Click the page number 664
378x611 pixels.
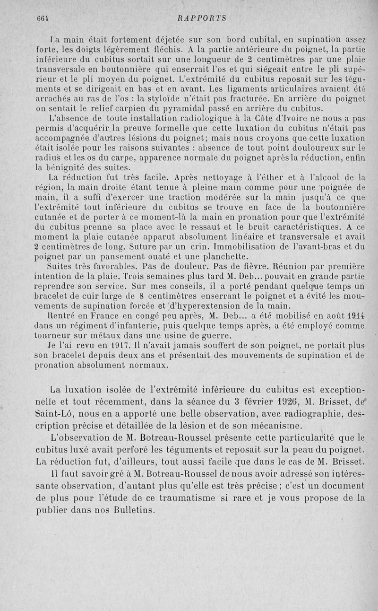(43, 18)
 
